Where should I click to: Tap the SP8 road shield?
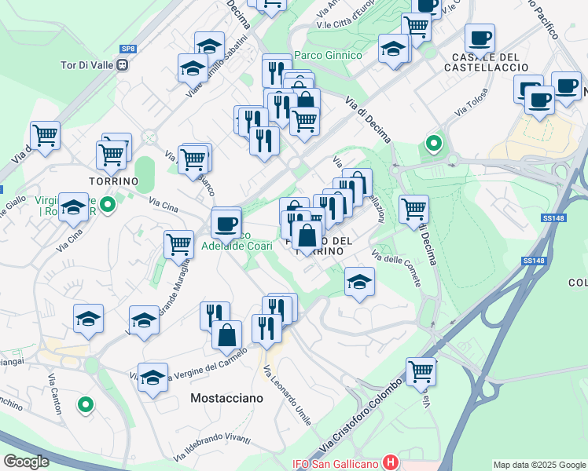pyautogui.click(x=128, y=49)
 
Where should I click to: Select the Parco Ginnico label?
pyautogui.click(x=328, y=55)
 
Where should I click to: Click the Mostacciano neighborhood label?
pyautogui.click(x=226, y=399)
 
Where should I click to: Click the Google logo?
pyautogui.click(x=26, y=462)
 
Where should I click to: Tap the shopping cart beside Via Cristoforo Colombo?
pyautogui.click(x=421, y=371)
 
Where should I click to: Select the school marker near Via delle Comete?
pyautogui.click(x=359, y=281)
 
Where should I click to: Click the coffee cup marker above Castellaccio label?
pyautogui.click(x=479, y=38)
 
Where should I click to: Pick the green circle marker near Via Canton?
pyautogui.click(x=86, y=405)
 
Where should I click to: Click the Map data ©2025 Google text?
pyautogui.click(x=539, y=465)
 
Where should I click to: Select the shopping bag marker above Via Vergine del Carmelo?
pyautogui.click(x=226, y=335)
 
